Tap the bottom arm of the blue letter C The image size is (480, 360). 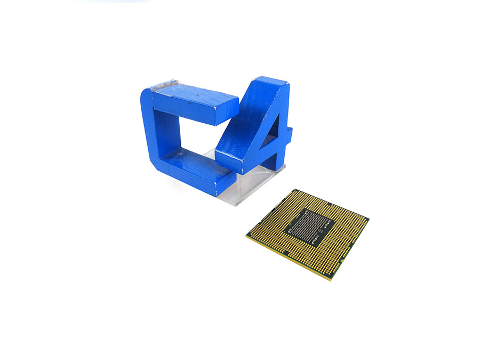(196, 171)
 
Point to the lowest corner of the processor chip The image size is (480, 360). (331, 281)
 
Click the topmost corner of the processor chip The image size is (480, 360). (295, 189)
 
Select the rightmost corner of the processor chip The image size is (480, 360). (369, 218)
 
